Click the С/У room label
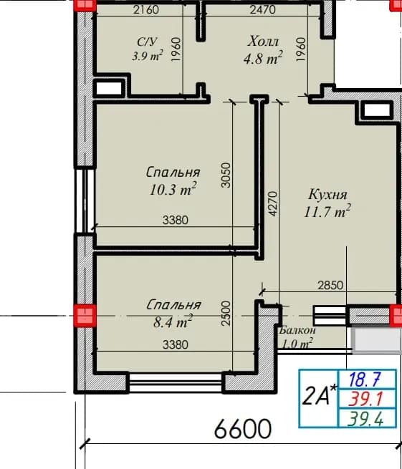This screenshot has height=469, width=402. pos(147,42)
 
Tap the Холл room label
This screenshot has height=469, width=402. pos(263,41)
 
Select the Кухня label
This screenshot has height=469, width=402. pos(327,195)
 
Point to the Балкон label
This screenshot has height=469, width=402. pos(297,331)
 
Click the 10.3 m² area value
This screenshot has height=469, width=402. pos(173,189)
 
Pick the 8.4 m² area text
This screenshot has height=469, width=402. pos(173,321)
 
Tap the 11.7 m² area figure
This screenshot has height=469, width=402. pos(327,211)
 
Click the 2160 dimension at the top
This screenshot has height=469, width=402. pos(146,10)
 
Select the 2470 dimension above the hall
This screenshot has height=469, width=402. pos(262,10)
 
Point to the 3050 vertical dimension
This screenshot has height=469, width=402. pos(226,175)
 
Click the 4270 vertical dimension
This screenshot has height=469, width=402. pos(273,203)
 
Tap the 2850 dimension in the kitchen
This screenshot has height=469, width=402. pos(330,286)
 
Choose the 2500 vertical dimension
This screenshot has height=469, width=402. pos(226,313)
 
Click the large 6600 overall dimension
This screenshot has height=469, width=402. pos(243,429)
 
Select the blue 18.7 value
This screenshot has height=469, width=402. pos(365,379)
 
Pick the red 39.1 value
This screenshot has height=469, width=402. pos(366,399)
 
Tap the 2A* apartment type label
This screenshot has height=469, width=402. pos(319,396)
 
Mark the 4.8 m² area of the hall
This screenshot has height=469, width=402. pos(263,58)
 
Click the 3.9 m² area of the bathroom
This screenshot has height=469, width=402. pos(148,56)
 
